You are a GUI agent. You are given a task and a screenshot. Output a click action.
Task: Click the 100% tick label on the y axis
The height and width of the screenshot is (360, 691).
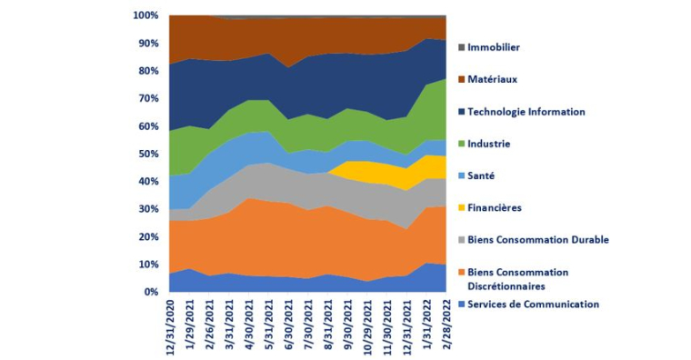pyautogui.click(x=145, y=15)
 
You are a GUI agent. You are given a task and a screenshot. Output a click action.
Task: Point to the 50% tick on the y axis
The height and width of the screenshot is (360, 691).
pyautogui.click(x=147, y=154)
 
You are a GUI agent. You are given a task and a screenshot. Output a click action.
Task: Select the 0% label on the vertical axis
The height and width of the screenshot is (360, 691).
pyautogui.click(x=151, y=292)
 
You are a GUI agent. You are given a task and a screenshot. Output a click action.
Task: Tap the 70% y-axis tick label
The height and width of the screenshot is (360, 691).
pyautogui.click(x=147, y=98)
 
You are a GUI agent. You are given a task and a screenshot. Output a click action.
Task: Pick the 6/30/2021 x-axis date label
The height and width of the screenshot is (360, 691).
pyautogui.click(x=287, y=325)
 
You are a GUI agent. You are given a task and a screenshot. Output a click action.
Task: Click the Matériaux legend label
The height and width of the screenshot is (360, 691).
pyautogui.click(x=492, y=79)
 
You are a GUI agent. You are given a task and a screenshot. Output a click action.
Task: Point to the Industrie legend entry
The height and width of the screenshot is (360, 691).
pyautogui.click(x=488, y=144)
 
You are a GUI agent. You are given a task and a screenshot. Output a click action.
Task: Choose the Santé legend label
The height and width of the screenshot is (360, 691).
pyautogui.click(x=481, y=175)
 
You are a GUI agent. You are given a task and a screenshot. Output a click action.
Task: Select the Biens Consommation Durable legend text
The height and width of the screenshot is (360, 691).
pyautogui.click(x=538, y=239)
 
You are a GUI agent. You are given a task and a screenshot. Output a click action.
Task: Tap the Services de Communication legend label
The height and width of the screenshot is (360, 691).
pyautogui.click(x=534, y=304)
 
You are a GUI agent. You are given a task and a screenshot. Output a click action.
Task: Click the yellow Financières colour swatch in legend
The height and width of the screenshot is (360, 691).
pyautogui.click(x=461, y=208)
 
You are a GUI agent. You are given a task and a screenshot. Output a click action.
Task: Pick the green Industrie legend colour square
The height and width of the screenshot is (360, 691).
pyautogui.click(x=461, y=144)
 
